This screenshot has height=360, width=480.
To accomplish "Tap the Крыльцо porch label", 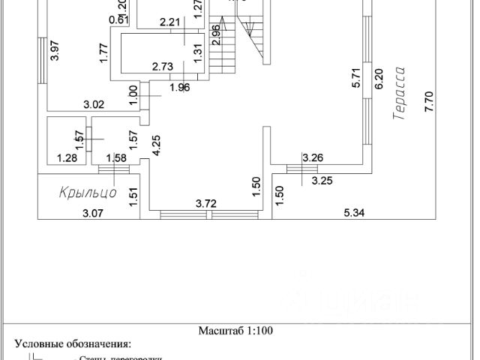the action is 88,193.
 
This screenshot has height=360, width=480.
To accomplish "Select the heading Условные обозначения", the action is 73,344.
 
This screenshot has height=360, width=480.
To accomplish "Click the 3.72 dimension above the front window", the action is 206,202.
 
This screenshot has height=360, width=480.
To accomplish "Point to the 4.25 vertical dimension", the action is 157,145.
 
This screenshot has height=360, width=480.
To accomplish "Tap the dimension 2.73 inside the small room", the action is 163,67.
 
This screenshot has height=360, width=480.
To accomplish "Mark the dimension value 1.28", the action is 68,157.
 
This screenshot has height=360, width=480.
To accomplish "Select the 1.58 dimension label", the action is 116,157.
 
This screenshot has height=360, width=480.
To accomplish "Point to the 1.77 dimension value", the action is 103,53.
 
